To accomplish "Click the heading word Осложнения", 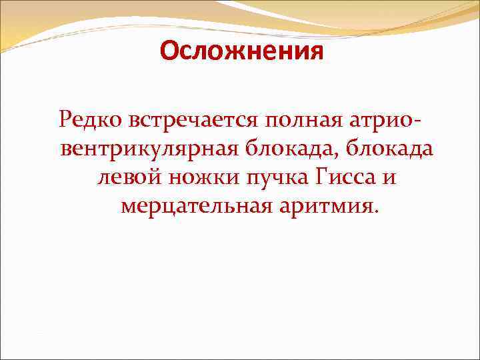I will [241, 51].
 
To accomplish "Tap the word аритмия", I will [325, 207].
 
